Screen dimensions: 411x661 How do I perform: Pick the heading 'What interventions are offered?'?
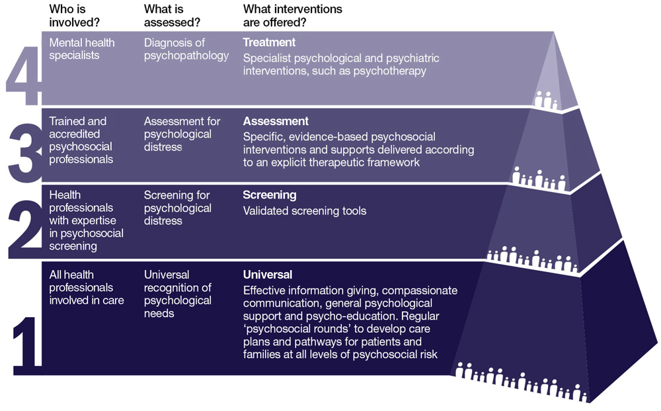tap(292, 16)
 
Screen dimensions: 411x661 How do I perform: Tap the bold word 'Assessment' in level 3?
tap(276, 121)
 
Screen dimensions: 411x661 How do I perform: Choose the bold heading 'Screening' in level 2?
tap(269, 195)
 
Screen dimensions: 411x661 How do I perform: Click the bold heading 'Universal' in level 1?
tap(267, 275)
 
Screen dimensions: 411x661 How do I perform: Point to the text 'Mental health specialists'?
tap(82, 49)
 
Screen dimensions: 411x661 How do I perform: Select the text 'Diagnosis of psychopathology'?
tap(186, 49)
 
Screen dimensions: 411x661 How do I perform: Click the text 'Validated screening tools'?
tap(304, 211)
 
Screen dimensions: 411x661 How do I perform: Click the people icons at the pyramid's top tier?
tap(546, 100)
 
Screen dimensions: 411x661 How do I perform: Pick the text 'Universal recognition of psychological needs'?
tap(177, 294)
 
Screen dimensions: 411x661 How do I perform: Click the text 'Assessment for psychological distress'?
tap(182, 134)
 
